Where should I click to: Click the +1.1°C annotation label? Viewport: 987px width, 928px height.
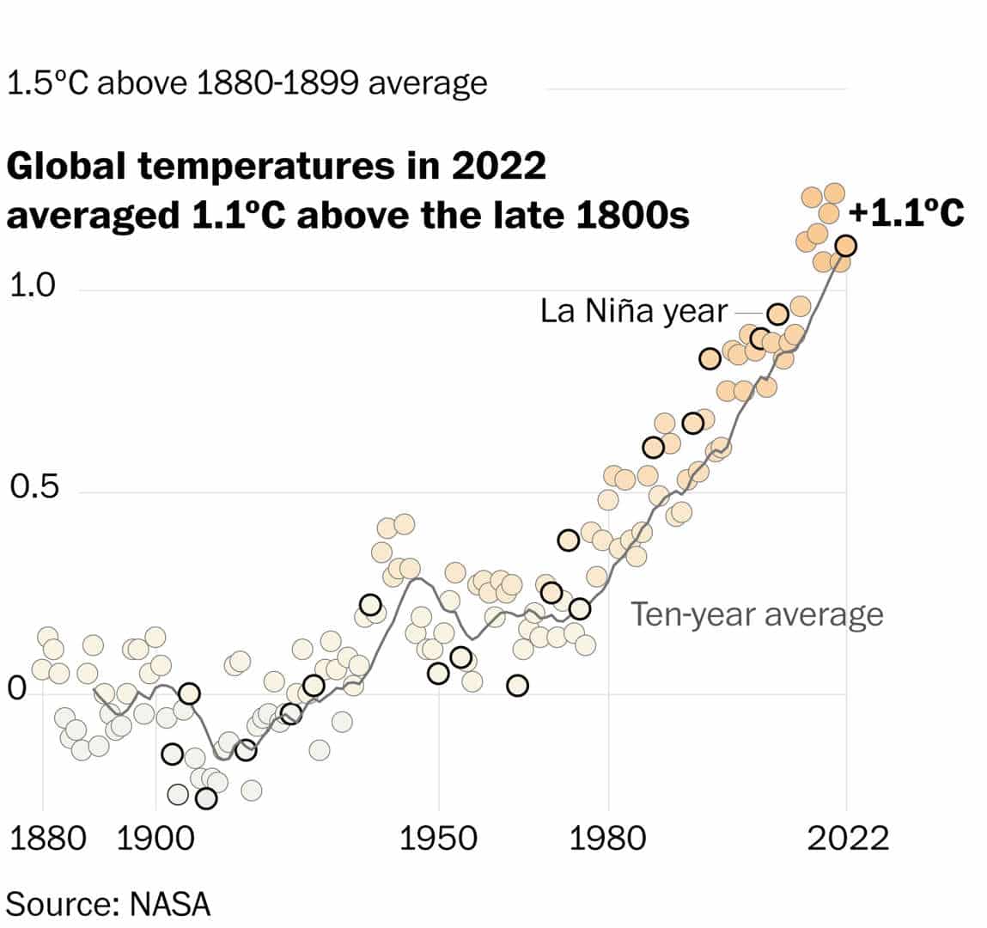tap(905, 213)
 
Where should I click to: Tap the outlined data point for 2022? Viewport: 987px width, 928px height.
tap(845, 246)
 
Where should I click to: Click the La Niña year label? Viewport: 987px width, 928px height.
tap(633, 312)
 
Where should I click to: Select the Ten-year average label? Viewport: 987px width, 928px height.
tap(757, 615)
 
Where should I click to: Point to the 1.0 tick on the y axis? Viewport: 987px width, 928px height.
tap(33, 286)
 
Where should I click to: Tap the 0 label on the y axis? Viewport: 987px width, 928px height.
tap(17, 690)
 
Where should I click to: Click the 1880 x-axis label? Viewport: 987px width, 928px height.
tap(48, 839)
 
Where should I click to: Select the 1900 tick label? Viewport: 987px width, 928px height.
tap(155, 839)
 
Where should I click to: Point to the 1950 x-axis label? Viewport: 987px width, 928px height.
tap(438, 839)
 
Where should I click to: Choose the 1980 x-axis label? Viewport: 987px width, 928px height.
tap(607, 839)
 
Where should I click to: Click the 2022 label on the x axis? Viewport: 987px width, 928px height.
tap(848, 839)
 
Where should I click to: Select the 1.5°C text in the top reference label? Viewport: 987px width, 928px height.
tap(48, 83)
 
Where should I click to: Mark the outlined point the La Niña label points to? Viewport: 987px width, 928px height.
tap(778, 314)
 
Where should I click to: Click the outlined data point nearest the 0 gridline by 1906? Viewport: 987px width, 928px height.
tap(189, 693)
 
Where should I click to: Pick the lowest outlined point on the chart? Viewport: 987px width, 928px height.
tap(206, 798)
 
